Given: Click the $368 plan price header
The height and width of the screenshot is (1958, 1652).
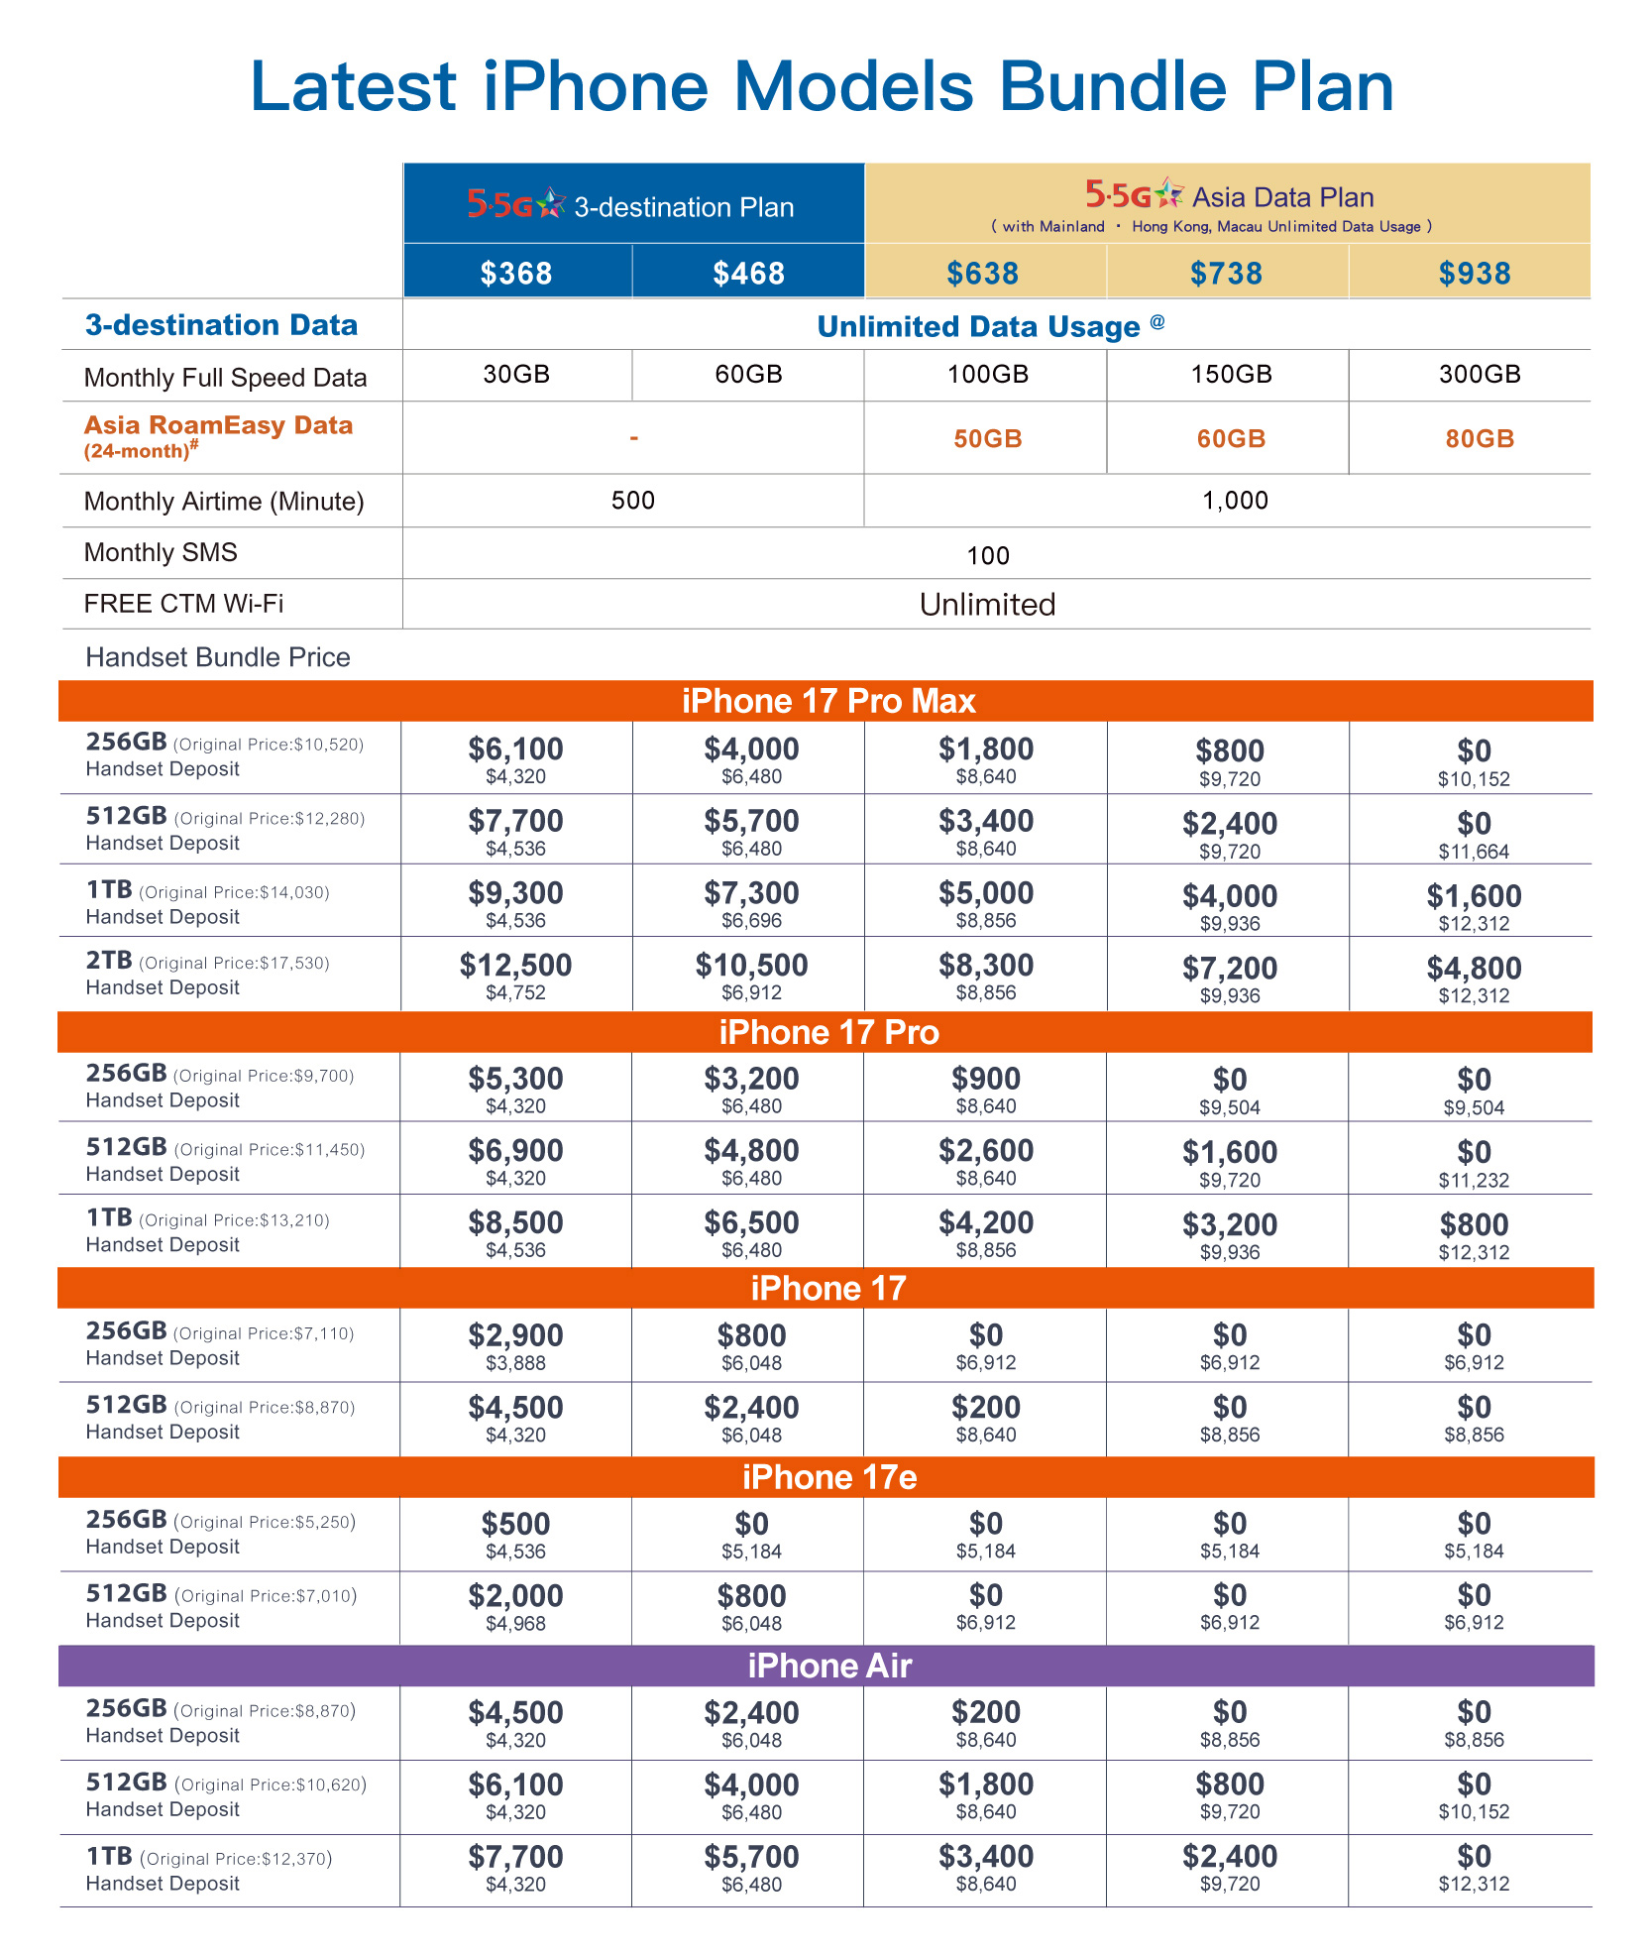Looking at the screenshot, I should (x=515, y=273).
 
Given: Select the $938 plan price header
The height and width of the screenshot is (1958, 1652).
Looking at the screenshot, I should (x=1474, y=273).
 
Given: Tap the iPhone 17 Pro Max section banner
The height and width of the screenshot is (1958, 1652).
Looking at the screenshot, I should (x=827, y=701).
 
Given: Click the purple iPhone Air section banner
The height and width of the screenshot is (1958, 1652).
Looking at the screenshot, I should (x=827, y=1666).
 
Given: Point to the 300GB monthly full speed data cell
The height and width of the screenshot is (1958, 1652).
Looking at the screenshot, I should (x=1479, y=374).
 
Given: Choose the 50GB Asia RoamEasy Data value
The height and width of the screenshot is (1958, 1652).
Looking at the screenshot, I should (x=987, y=438).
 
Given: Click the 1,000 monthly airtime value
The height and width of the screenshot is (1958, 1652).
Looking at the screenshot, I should (x=1235, y=501).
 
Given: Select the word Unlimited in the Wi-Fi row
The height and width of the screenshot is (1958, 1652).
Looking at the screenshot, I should (x=987, y=604).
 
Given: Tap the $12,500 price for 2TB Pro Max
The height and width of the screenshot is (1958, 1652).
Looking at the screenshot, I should (x=515, y=965).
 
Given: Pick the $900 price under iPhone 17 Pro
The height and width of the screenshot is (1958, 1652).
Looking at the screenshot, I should (x=985, y=1079).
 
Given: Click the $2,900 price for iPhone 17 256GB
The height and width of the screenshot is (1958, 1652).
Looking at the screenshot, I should (x=515, y=1335).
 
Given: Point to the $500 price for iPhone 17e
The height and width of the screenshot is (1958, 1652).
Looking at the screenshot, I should (x=515, y=1524).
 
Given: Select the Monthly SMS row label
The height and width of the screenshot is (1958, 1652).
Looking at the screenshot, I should (x=161, y=552).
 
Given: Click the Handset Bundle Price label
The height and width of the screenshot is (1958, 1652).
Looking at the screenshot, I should (x=218, y=657).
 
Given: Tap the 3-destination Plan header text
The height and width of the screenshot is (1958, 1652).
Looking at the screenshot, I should (x=684, y=207).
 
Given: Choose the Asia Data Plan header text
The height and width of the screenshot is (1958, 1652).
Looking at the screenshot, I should (x=1282, y=196).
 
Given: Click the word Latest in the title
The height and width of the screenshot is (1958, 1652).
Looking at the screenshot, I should (x=353, y=86).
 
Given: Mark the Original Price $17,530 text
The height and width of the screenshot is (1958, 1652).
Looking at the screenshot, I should (x=234, y=963).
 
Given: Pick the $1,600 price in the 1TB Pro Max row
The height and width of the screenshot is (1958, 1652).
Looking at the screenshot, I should (x=1474, y=896).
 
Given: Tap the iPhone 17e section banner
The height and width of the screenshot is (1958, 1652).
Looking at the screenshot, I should (x=827, y=1477).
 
